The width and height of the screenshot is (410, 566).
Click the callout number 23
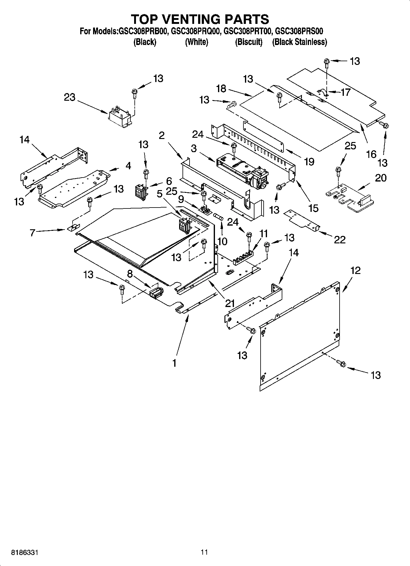(x=70, y=98)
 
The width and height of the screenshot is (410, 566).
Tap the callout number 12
(x=355, y=270)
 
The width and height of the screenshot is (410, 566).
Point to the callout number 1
(x=174, y=363)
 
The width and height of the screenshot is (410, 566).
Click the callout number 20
(x=381, y=178)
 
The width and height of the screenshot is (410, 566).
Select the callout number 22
(x=340, y=239)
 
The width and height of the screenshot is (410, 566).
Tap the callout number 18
(x=221, y=89)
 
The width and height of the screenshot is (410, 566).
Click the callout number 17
(x=345, y=92)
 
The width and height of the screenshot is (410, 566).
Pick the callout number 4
(x=128, y=166)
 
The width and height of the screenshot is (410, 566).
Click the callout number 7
(x=32, y=232)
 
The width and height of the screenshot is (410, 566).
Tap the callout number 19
(x=309, y=161)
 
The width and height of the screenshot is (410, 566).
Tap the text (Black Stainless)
(x=299, y=42)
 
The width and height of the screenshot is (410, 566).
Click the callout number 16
(x=371, y=154)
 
